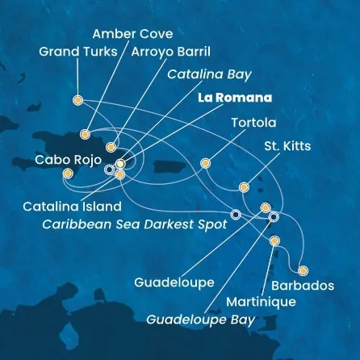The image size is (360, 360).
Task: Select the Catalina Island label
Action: coord(72,207)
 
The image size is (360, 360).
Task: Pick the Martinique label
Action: coord(262,302)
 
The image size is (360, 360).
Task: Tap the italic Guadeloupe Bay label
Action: coord(200,320)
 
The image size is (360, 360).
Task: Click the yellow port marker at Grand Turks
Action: coord(77,101)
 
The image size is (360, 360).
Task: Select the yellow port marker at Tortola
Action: coord(206,163)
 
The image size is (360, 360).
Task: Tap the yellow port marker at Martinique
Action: coord(274,241)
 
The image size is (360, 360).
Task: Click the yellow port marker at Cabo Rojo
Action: coord(67,173)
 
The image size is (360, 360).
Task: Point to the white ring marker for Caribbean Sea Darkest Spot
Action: coord(235,215)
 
